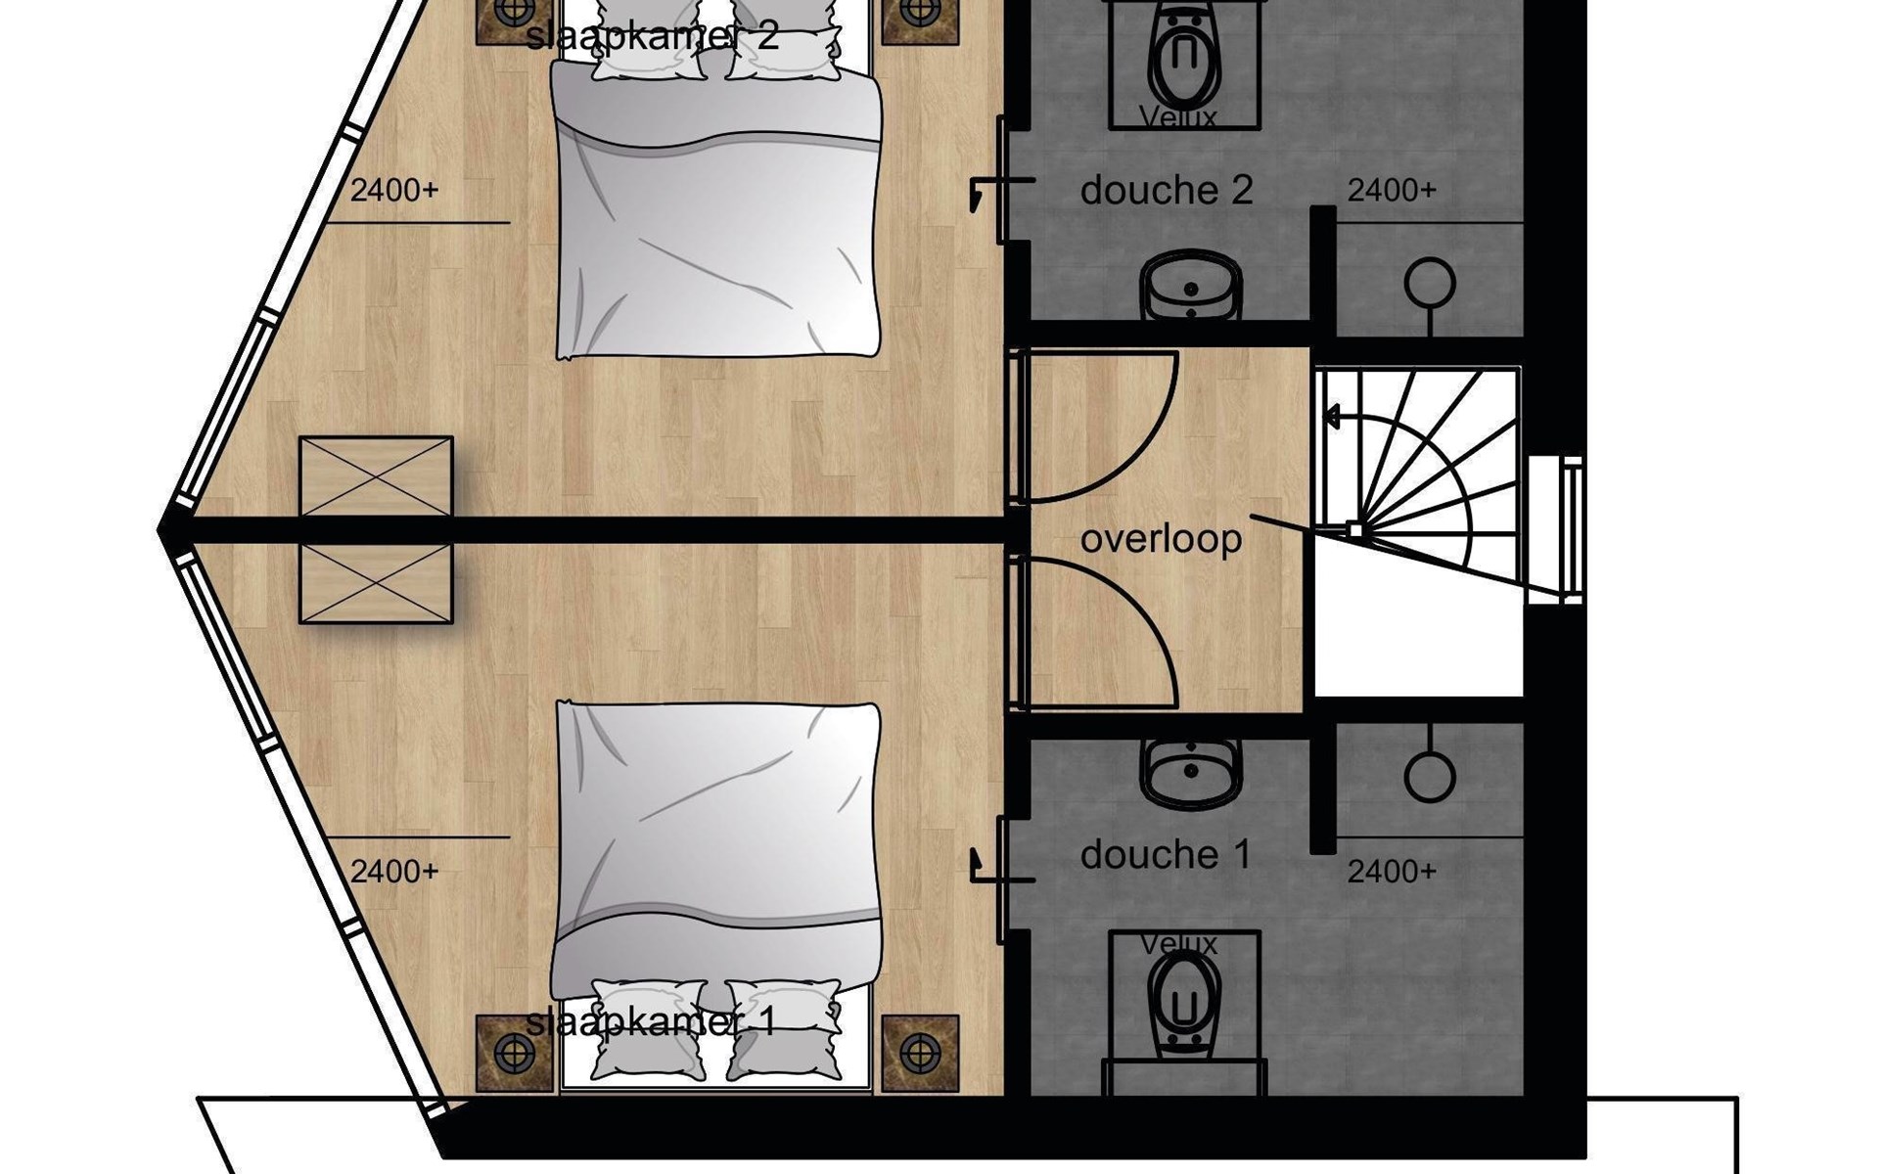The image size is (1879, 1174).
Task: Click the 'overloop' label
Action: pyautogui.click(x=1161, y=539)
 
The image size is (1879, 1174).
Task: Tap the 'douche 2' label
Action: pyautogui.click(x=1167, y=190)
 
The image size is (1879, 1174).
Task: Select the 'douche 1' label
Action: pyautogui.click(x=1166, y=855)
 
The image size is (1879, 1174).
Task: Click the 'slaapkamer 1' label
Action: pyautogui.click(x=651, y=1022)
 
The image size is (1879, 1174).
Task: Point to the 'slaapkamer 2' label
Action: pyautogui.click(x=652, y=36)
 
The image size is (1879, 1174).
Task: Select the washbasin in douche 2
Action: pyautogui.click(x=1191, y=285)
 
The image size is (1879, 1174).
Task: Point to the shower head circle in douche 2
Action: pyautogui.click(x=1430, y=284)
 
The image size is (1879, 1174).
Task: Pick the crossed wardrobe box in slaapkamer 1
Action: pyautogui.click(x=376, y=583)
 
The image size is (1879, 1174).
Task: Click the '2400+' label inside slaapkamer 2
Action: pyautogui.click(x=394, y=190)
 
